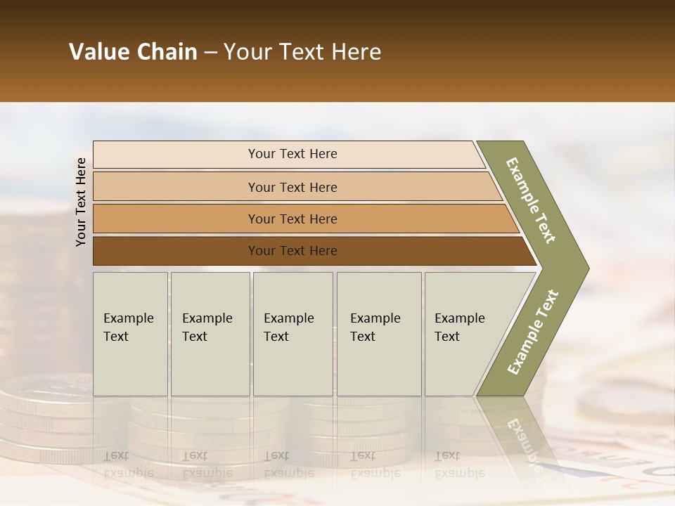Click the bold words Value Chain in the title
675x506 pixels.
pyautogui.click(x=133, y=52)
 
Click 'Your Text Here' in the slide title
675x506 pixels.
pyautogui.click(x=302, y=52)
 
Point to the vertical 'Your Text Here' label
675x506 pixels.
pyautogui.click(x=81, y=202)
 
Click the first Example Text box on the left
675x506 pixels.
pyautogui.click(x=130, y=334)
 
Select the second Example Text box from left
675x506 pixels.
pyautogui.click(x=210, y=334)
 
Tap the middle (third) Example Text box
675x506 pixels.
pyautogui.click(x=292, y=334)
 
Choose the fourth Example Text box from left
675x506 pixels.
pyautogui.click(x=378, y=334)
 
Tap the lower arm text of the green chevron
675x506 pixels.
pyautogui.click(x=533, y=332)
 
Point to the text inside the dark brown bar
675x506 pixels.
pyautogui.click(x=292, y=251)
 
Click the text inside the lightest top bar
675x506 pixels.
pyautogui.click(x=292, y=154)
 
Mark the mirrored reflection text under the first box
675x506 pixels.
pyautogui.click(x=128, y=465)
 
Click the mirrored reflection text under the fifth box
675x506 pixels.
pyautogui.click(x=459, y=465)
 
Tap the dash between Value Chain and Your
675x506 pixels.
pyautogui.click(x=210, y=53)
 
